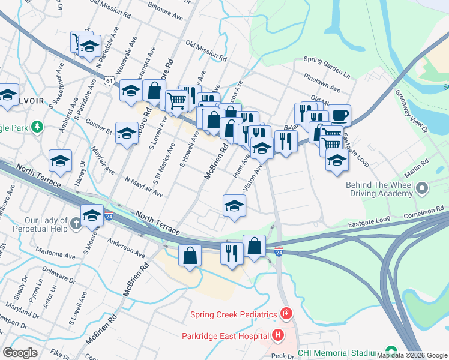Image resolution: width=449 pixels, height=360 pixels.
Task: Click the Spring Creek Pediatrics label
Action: pyautogui.click(x=233, y=314)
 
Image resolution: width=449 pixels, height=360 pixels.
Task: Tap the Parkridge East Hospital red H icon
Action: pyautogui.click(x=277, y=334)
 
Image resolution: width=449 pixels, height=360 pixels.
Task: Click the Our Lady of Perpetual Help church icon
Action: pyautogui.click(x=76, y=224)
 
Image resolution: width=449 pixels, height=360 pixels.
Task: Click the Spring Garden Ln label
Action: pyautogui.click(x=327, y=59)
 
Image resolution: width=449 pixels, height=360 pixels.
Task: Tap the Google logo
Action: pyautogui.click(x=20, y=353)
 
